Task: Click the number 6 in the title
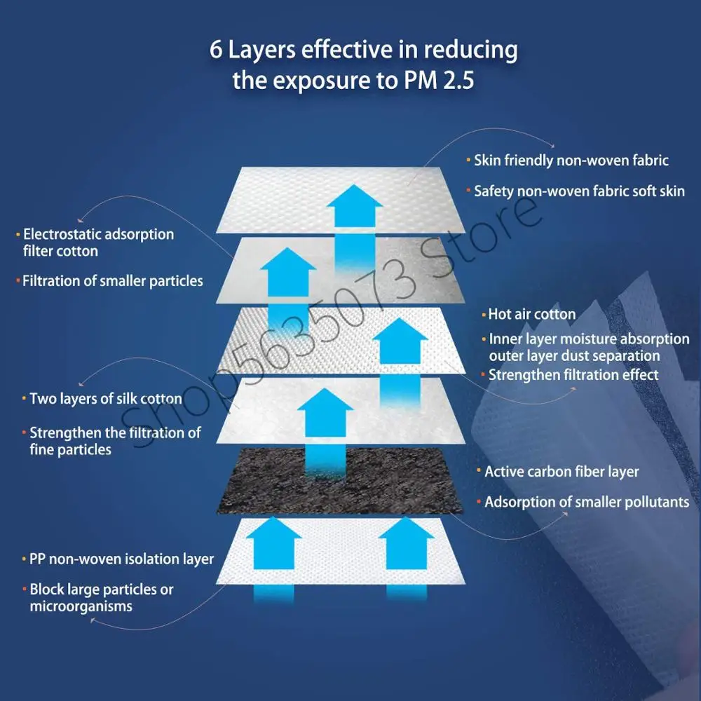tap(215, 50)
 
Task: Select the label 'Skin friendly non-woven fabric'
tap(571, 161)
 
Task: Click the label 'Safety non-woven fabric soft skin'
tap(579, 191)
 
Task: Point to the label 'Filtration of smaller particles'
tap(113, 281)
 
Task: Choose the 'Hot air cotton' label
tap(531, 314)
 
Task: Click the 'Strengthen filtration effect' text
tap(573, 375)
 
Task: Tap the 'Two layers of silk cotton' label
tap(106, 399)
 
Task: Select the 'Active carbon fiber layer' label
tap(562, 472)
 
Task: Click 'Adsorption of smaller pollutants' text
tap(587, 503)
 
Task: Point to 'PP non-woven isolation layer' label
tap(121, 559)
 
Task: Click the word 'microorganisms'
tap(81, 606)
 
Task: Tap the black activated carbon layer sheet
tap(340, 481)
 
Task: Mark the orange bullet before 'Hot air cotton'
tap(484, 315)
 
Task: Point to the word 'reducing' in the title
tap(470, 50)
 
